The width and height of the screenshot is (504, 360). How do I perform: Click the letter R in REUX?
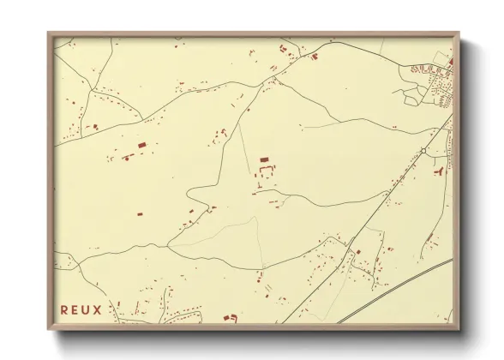tap(65, 309)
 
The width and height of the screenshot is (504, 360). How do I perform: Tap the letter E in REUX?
tap(76, 309)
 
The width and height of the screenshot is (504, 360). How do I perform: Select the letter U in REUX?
tap(87, 309)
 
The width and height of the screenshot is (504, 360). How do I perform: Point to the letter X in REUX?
tap(99, 309)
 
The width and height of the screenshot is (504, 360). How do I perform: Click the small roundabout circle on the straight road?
tap(423, 151)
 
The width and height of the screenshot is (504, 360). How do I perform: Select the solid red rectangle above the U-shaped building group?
tap(264, 159)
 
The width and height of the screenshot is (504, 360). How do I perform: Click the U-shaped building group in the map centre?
tap(265, 172)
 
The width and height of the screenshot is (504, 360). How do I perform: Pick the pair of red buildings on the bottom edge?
tap(230, 318)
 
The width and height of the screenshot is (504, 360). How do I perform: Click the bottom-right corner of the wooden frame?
tap(459, 328)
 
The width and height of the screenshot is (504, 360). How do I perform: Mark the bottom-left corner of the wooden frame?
tap(49, 328)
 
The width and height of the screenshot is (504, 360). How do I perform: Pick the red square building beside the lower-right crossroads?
tap(358, 251)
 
